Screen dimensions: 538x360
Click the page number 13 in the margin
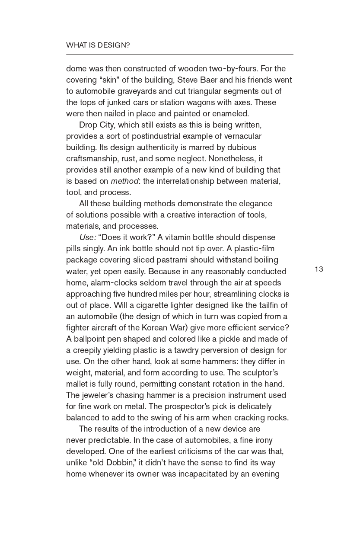click(319, 269)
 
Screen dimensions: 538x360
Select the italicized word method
click(124, 181)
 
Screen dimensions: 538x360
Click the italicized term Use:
click(88, 237)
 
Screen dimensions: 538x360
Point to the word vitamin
click(178, 237)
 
